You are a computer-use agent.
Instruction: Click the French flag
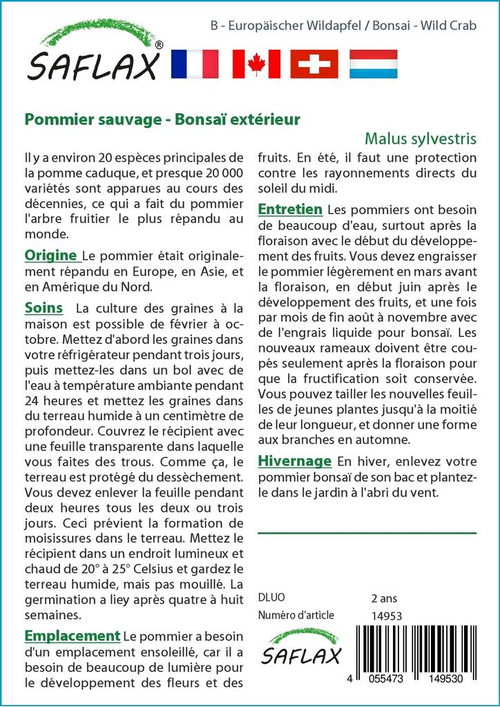[194, 64]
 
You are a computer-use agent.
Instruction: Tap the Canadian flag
[256, 64]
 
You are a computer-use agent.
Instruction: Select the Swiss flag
[314, 64]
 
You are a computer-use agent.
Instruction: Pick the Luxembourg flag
[373, 64]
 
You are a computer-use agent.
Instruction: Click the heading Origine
[50, 256]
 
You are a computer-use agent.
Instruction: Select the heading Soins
[44, 308]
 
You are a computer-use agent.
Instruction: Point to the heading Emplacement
[73, 636]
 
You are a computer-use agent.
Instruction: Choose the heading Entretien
[290, 209]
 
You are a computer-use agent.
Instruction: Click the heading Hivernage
[295, 461]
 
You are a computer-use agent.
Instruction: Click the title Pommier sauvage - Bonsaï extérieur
[162, 119]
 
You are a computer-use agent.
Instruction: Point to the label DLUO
[271, 598]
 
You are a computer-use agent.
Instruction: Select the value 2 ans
[384, 598]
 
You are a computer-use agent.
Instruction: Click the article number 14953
[387, 616]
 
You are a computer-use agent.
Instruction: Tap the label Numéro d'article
[296, 615]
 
